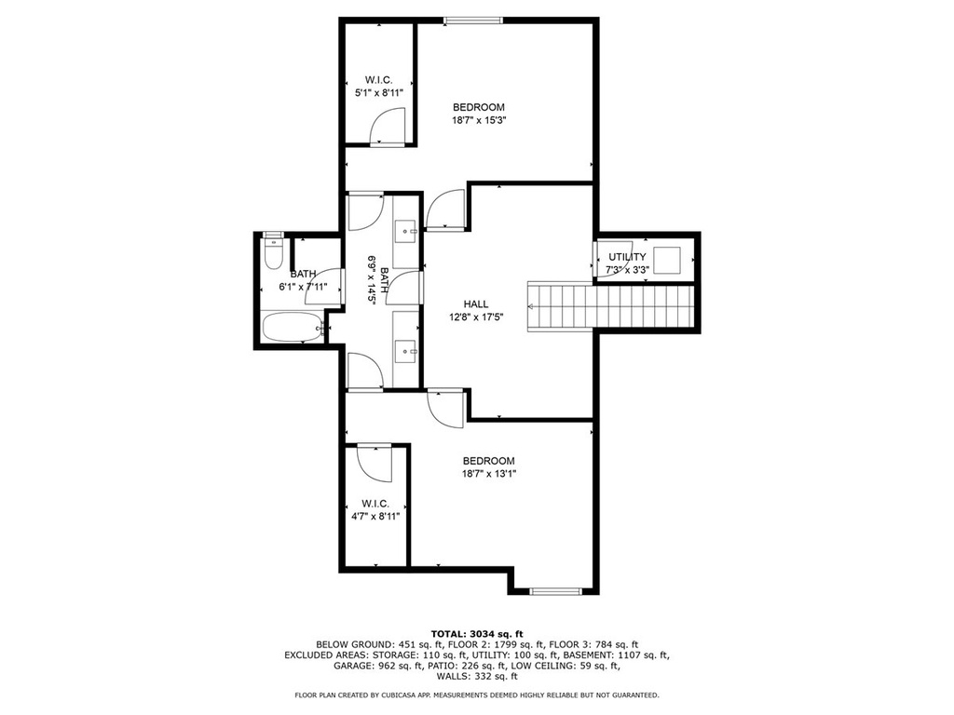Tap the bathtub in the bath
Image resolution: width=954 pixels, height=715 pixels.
(x=292, y=327)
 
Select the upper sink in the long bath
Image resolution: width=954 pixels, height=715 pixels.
(x=406, y=231)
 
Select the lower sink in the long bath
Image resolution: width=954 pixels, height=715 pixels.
(x=406, y=351)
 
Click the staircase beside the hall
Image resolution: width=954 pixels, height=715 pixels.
(x=610, y=306)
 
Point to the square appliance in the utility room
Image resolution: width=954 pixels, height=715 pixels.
(x=667, y=261)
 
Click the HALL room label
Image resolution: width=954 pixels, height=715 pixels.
(x=476, y=304)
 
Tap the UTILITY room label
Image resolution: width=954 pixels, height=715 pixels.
(x=627, y=257)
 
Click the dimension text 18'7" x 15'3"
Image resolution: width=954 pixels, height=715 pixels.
(x=480, y=120)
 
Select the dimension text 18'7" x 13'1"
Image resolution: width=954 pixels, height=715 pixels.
(x=488, y=474)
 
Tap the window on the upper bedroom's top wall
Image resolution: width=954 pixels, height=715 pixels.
(x=473, y=20)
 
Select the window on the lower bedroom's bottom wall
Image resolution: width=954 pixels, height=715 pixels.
(x=556, y=590)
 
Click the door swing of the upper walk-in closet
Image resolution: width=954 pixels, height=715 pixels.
(x=387, y=126)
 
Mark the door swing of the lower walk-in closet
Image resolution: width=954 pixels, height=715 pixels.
(x=375, y=463)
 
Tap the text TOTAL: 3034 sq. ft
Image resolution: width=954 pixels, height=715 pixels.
(x=477, y=634)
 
